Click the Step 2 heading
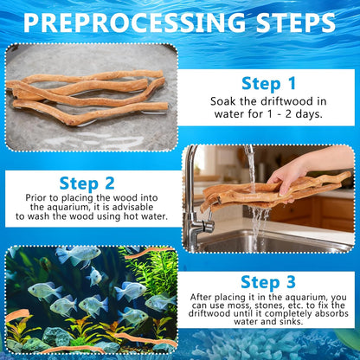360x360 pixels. point(89,183)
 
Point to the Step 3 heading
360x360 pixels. point(269,282)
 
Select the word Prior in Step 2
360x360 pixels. point(39,202)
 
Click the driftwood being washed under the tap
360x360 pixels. point(260,192)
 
